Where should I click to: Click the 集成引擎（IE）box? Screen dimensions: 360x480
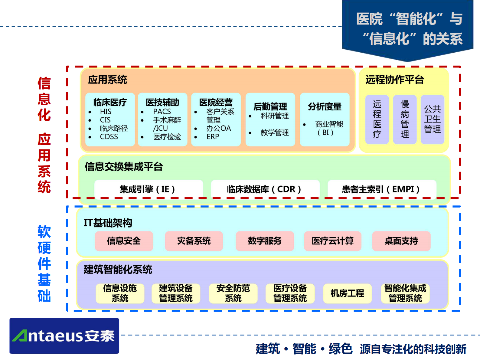148,189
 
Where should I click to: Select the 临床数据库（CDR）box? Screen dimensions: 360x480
265,189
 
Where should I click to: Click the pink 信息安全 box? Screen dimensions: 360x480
124,241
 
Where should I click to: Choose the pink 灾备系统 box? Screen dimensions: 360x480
194,241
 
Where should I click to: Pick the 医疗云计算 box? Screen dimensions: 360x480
332,241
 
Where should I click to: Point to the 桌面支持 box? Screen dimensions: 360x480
401,241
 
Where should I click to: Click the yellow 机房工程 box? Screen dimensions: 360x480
347,293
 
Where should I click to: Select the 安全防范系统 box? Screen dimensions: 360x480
233,293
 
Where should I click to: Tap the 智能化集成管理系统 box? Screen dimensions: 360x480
405,293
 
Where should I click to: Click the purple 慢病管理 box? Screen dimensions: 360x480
405,119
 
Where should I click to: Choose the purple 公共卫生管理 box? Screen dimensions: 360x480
432,119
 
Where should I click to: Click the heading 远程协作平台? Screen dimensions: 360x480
394,80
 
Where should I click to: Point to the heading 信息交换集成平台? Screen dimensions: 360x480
124,167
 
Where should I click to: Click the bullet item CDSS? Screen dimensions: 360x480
109,137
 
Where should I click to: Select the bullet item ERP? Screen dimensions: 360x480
213,137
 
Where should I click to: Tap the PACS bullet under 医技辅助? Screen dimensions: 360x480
162,112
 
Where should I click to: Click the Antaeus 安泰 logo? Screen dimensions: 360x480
64,336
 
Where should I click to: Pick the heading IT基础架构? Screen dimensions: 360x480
108,223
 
